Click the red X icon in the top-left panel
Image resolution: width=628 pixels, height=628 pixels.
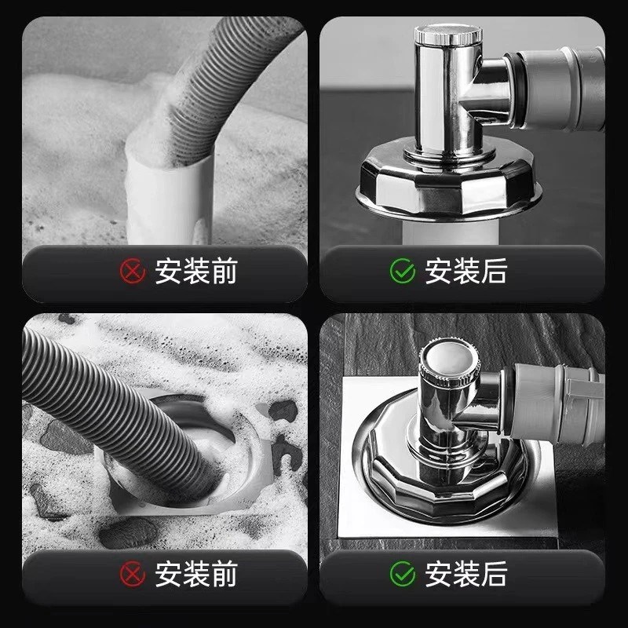(x=133, y=272)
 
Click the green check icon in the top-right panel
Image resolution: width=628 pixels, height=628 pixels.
(x=403, y=272)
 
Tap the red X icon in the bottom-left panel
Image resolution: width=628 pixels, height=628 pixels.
(x=133, y=574)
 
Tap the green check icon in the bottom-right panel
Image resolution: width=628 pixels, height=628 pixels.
(x=403, y=574)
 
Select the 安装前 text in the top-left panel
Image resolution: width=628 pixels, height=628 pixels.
(x=195, y=272)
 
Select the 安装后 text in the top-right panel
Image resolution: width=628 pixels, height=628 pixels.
(x=466, y=272)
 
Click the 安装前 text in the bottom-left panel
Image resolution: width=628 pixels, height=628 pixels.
(x=195, y=574)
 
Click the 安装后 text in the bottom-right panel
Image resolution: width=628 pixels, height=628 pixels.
(x=466, y=574)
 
